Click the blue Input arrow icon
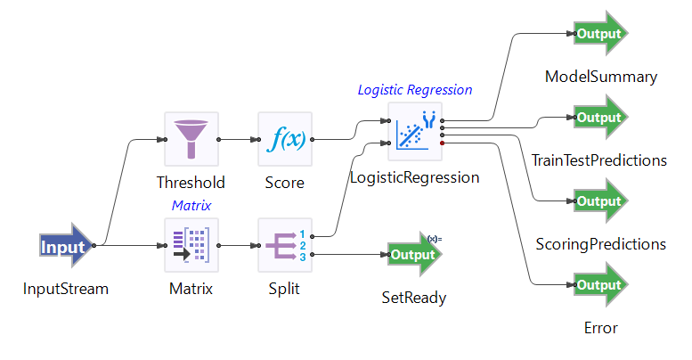pos(66,247)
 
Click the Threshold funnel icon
pos(191,139)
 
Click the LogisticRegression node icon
pos(415,130)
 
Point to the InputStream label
pos(66,289)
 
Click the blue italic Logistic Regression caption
pos(415,90)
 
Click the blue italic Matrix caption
pos(191,205)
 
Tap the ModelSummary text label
pos(600,77)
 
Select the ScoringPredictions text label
pos(600,243)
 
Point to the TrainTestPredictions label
pos(600,160)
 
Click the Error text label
pos(600,328)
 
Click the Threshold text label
pos(191,183)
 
